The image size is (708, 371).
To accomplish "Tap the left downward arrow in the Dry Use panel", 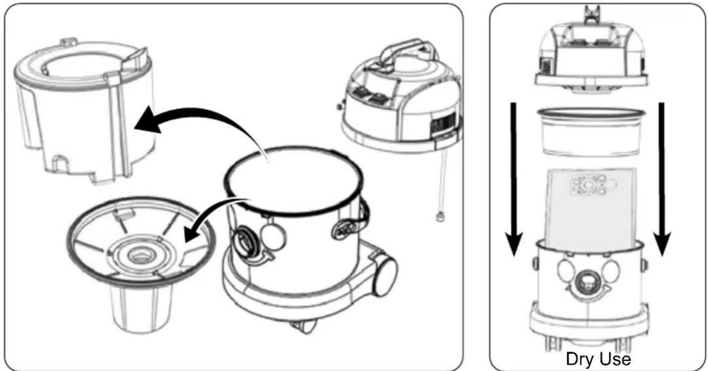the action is (513, 179).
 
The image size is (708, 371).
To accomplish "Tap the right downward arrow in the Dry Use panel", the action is (662, 179).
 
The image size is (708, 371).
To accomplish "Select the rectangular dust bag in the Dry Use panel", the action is (591, 209).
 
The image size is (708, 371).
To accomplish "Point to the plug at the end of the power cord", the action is (439, 217).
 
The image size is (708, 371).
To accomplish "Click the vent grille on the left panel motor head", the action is (443, 123).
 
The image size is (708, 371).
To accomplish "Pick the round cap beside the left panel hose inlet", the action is (273, 238).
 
